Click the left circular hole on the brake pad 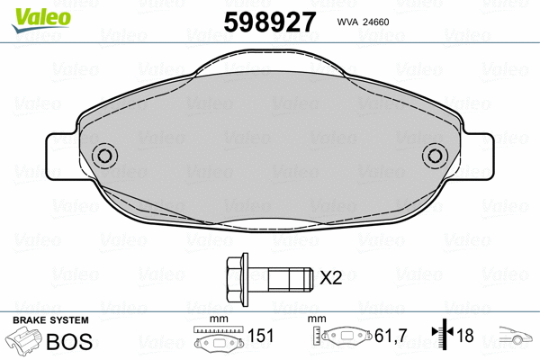pos(105,156)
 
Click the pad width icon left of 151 pos(219,338)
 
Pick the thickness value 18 pos(466,337)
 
